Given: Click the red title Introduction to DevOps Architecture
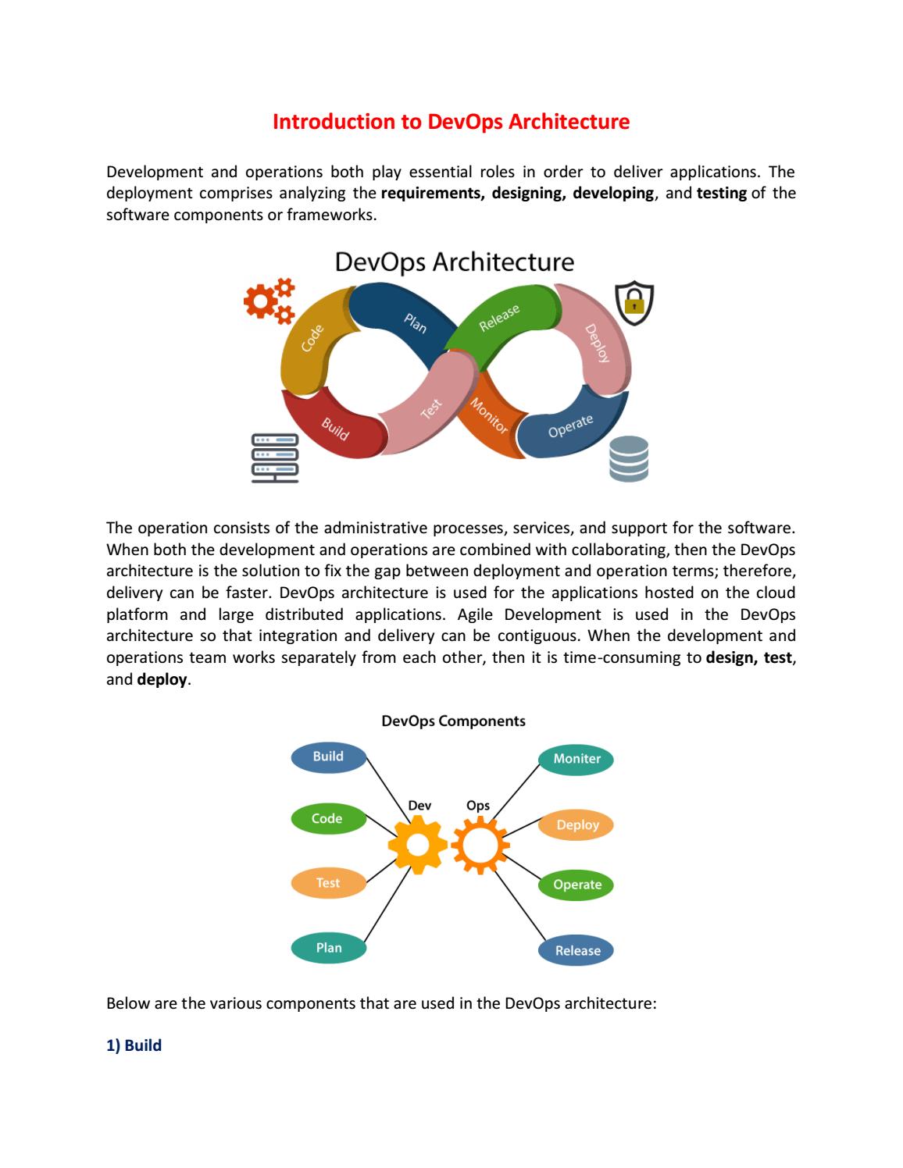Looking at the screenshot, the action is click(451, 122).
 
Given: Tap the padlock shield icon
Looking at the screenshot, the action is click(634, 303).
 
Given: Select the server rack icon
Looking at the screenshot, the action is click(275, 458).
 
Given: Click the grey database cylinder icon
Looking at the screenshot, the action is click(628, 458).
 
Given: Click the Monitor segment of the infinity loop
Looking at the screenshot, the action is click(490, 417).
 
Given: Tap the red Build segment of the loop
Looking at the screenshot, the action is click(334, 427).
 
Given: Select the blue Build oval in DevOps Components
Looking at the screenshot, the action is click(329, 757).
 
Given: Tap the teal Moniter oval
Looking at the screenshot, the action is click(576, 759).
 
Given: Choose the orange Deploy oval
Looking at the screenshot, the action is click(576, 825).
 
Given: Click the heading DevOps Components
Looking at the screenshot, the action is click(453, 721).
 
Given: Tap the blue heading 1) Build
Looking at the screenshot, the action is click(134, 1045).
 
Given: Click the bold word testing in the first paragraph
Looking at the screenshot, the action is click(722, 193).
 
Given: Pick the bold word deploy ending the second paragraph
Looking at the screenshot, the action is click(162, 680).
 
